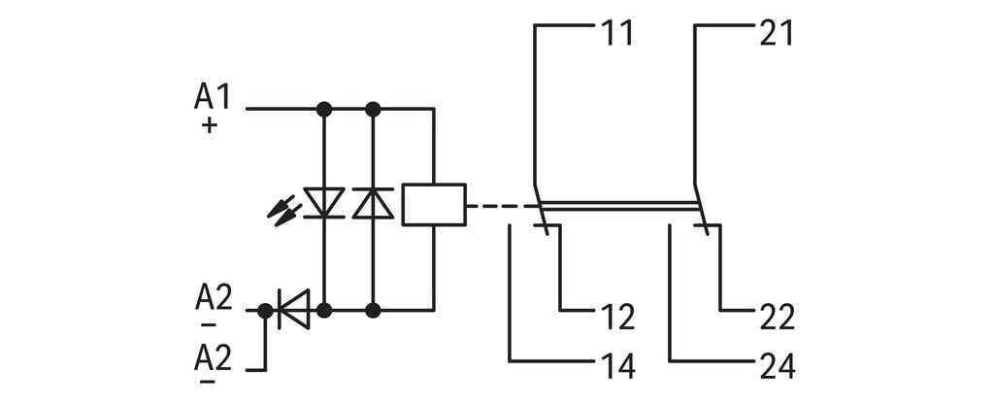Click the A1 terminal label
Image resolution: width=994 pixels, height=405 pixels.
(214, 97)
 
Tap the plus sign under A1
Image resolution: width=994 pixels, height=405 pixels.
(209, 125)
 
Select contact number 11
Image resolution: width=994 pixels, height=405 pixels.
(616, 34)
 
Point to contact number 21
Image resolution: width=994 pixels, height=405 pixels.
(777, 34)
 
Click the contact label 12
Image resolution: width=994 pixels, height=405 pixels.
(616, 318)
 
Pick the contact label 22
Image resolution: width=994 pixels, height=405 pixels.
(777, 318)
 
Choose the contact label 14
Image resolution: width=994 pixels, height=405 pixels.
(616, 366)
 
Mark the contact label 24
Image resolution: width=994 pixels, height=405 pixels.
(777, 366)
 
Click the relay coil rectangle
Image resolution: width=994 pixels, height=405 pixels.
(433, 204)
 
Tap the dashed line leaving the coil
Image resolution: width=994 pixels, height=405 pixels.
(499, 206)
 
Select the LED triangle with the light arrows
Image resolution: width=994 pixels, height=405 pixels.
(324, 202)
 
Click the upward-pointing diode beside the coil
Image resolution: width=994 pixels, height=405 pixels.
(373, 202)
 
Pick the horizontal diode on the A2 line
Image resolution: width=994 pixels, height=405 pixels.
(293, 310)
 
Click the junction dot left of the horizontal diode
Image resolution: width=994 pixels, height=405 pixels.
(265, 311)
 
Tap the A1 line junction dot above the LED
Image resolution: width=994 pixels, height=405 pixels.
(324, 109)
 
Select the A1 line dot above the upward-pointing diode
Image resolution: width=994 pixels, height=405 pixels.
(373, 109)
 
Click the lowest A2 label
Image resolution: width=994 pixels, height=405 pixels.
(214, 359)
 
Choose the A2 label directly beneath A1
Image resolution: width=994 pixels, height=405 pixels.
(214, 297)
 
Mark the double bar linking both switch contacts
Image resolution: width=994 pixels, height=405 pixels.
(618, 205)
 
